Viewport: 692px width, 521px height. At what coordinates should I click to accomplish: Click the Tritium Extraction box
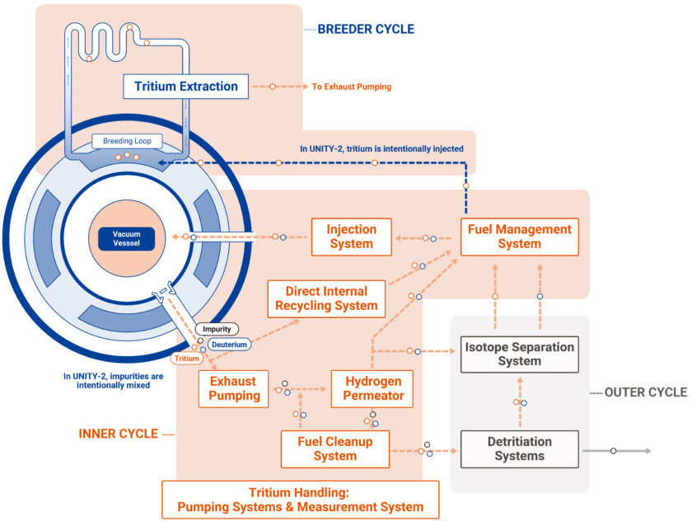[185, 86]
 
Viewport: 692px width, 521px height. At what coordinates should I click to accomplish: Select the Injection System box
[352, 237]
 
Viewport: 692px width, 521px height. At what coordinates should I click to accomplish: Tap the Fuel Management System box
[519, 237]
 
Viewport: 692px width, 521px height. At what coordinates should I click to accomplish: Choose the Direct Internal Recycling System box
[327, 298]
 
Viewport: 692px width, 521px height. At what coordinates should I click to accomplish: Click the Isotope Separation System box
[519, 354]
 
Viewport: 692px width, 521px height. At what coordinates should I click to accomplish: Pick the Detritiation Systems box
[519, 448]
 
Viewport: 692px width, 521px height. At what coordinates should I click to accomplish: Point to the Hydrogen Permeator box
[374, 388]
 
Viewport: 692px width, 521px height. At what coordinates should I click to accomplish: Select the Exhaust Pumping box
[233, 388]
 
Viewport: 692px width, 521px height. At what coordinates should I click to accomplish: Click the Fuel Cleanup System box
[335, 448]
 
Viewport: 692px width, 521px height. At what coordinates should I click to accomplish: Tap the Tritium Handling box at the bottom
[301, 500]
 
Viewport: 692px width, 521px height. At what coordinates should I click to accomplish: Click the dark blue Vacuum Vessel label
[128, 238]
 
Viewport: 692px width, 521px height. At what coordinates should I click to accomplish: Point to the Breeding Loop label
[127, 141]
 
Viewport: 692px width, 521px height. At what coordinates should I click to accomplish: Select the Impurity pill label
[217, 329]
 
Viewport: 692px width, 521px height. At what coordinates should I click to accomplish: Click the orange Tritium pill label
[186, 359]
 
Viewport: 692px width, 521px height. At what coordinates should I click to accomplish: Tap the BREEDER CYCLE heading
[366, 29]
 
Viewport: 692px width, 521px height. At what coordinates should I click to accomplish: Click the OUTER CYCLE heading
[645, 392]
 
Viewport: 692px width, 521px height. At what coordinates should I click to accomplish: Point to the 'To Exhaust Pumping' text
[351, 86]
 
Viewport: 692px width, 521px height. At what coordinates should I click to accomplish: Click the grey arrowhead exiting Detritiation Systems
[648, 451]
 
